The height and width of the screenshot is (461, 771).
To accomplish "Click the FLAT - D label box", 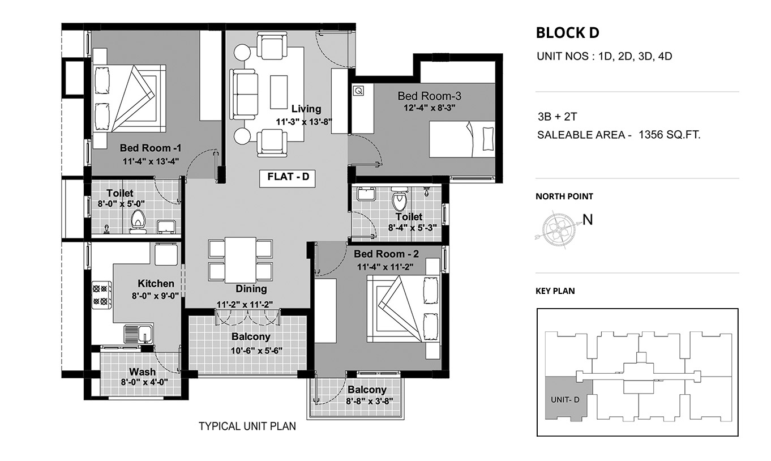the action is (x=287, y=179).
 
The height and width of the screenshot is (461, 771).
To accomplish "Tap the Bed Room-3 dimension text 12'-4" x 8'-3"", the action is (x=429, y=108).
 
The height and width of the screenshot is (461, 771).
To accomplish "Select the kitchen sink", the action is (x=138, y=334).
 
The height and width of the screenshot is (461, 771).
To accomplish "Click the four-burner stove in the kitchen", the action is (x=101, y=294).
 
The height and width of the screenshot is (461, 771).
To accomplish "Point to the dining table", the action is (x=240, y=259).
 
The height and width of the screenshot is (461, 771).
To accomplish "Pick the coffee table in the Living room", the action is (x=279, y=92).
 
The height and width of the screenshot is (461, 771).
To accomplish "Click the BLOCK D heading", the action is (x=568, y=33).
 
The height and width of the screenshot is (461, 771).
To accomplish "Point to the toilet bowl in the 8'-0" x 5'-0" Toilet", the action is (x=138, y=221).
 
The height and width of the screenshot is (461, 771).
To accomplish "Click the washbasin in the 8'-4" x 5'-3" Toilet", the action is (x=366, y=194).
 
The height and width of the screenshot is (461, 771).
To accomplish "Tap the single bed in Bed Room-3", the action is (x=462, y=139).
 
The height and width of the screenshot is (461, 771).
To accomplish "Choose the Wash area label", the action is (x=142, y=372).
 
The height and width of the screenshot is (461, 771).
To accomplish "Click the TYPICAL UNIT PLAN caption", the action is (x=247, y=426).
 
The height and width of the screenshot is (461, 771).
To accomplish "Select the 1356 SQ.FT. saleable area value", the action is (x=670, y=135).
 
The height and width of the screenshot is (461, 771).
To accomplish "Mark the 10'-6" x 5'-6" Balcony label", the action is (x=251, y=336).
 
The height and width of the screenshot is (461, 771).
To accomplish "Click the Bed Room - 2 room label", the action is (x=386, y=254).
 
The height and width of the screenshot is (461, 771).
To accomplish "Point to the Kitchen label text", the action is (x=156, y=283).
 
